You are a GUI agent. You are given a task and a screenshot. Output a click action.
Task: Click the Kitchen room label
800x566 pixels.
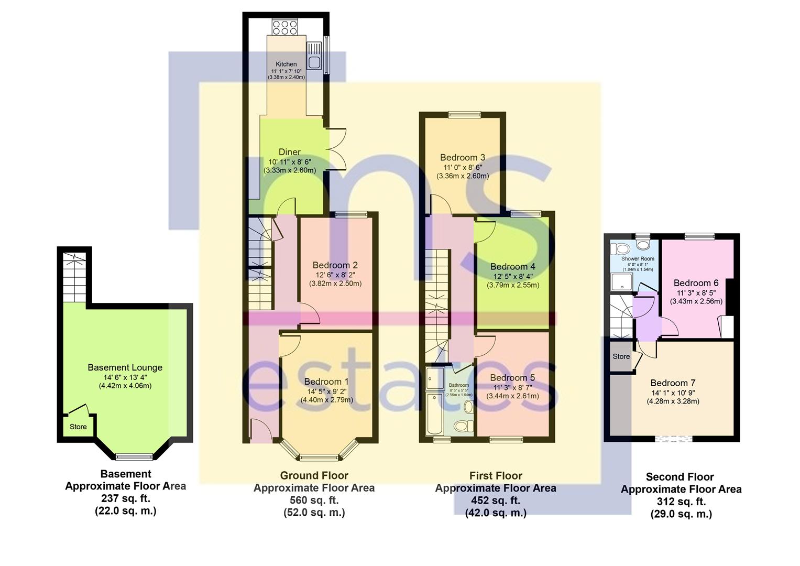pyautogui.click(x=286, y=64)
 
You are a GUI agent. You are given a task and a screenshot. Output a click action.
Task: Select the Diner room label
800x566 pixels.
pyautogui.click(x=289, y=152)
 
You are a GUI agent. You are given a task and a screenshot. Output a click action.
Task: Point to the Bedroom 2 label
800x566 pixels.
pyautogui.click(x=335, y=265)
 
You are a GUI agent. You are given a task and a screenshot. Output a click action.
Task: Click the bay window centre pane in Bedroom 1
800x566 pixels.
pyautogui.click(x=320, y=458)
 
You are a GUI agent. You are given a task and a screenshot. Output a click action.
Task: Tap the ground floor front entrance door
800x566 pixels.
pyautogui.click(x=260, y=431)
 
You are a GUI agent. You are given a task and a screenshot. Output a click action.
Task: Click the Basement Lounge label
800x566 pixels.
pyautogui.click(x=125, y=367)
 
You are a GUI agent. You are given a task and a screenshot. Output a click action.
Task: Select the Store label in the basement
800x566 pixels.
pyautogui.click(x=78, y=427)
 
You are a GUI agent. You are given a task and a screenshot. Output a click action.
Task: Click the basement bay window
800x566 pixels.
pyautogui.click(x=134, y=457)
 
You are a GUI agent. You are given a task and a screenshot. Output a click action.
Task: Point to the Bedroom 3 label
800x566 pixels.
pyautogui.click(x=462, y=157)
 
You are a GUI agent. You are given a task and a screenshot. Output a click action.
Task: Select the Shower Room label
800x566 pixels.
pyautogui.click(x=638, y=259)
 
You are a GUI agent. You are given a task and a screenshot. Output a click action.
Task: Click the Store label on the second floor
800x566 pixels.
pyautogui.click(x=621, y=356)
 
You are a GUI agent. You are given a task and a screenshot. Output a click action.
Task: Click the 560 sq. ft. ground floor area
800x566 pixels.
pyautogui.click(x=314, y=500)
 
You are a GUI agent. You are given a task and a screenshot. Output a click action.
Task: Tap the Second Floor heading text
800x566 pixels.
pyautogui.click(x=680, y=477)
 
